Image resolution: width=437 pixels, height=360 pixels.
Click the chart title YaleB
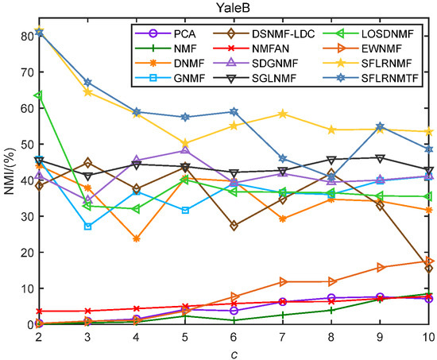(234, 8)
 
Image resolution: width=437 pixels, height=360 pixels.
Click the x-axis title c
(234, 353)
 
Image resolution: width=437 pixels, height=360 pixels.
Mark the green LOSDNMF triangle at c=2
(39, 95)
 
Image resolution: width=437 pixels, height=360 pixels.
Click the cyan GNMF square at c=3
(87, 226)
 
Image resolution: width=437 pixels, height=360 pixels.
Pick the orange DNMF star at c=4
(136, 238)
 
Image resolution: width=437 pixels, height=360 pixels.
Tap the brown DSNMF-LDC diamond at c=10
(428, 269)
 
